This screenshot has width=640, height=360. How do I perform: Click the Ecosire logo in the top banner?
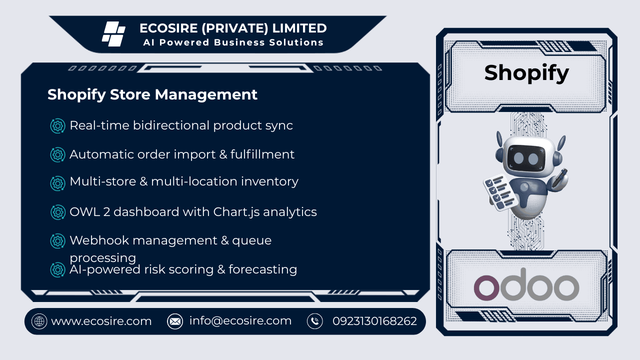pos(113,34)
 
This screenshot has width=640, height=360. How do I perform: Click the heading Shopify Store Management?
pos(152,94)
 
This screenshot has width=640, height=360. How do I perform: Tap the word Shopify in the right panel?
pos(526,73)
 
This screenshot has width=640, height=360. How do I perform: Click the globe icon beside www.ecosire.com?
pos(39,321)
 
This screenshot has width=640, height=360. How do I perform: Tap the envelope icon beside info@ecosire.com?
pos(175,321)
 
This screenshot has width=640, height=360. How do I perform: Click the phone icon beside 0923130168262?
pos(315,321)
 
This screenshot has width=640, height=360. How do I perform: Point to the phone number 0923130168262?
pos(374,321)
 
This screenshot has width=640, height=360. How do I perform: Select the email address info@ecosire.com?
pos(240,321)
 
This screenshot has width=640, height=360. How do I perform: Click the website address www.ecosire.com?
pos(101,321)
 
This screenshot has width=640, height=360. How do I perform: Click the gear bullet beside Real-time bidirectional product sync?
pos(58,126)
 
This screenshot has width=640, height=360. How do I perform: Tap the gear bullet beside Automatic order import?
pos(58,155)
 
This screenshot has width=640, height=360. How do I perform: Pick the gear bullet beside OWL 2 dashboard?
pos(58,212)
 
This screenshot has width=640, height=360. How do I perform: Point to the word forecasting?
pos(263,269)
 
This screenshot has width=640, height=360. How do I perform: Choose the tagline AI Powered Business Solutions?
pos(233,42)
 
